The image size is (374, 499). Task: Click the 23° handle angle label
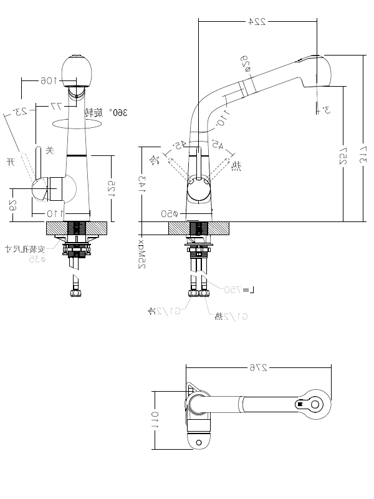21,111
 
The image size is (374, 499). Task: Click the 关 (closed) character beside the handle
50,150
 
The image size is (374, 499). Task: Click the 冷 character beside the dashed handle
155,160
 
